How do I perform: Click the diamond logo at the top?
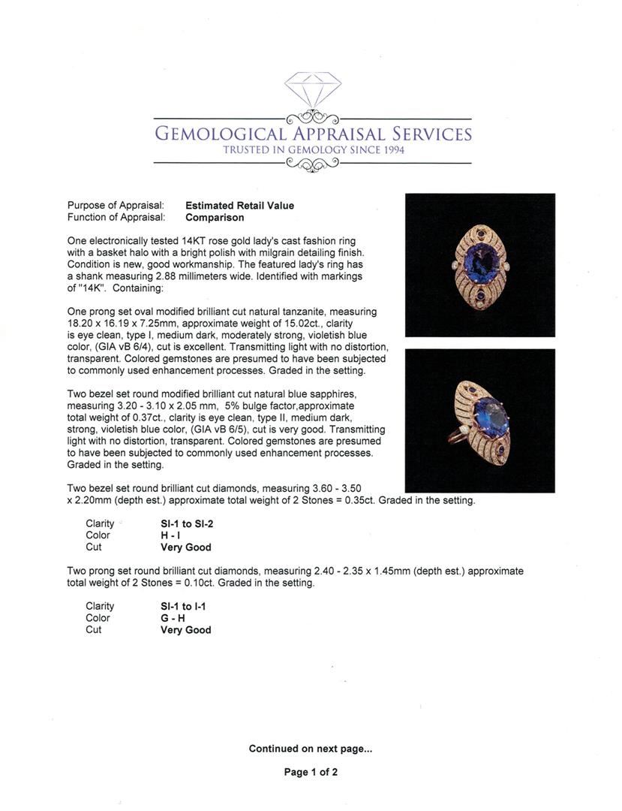coord(312,89)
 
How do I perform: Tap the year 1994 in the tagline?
coord(392,150)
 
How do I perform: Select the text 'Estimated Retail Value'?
coord(239,206)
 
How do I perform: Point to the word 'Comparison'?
coord(215,218)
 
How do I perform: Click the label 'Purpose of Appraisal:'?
coord(116,206)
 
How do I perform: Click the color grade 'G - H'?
coord(173,618)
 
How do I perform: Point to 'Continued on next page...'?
coord(311,749)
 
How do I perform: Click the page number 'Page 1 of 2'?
coord(311,772)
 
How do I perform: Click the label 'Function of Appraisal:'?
coord(116,218)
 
